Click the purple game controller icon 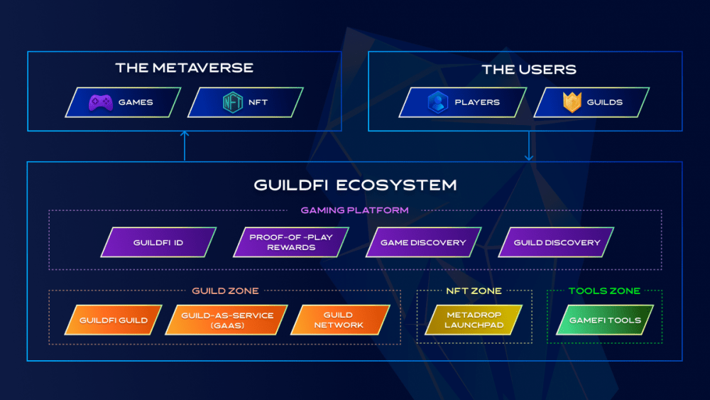point(101,102)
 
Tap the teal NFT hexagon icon point(233,102)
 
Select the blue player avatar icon point(438,102)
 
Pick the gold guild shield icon point(572,102)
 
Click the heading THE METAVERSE point(185,68)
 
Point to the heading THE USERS point(529,70)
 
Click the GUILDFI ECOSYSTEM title point(355,185)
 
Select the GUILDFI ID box point(158,242)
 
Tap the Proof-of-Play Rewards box point(291,242)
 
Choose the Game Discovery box point(423,242)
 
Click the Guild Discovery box point(556,242)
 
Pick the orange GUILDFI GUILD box point(113,320)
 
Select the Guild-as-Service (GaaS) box point(227,320)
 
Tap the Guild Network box point(340,320)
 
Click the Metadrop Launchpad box point(474,320)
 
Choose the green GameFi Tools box point(605,320)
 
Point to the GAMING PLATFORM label point(354,210)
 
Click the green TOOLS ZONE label point(604,291)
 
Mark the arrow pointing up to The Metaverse point(185,146)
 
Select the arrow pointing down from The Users point(529,146)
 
